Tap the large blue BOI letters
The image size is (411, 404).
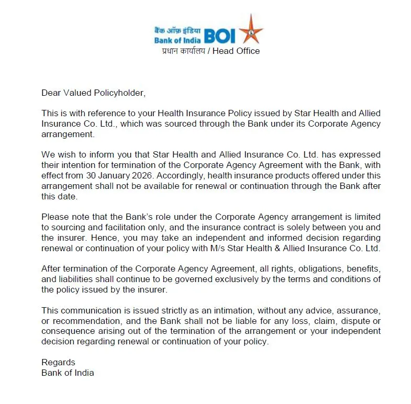pyautogui.click(x=220, y=36)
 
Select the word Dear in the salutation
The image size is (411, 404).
pyautogui.click(x=51, y=93)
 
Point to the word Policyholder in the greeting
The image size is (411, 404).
pyautogui.click(x=118, y=93)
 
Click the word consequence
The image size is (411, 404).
pyautogui.click(x=65, y=331)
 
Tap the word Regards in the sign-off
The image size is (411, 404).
pyautogui.click(x=58, y=362)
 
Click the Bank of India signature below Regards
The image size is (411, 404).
pyautogui.click(x=68, y=373)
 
